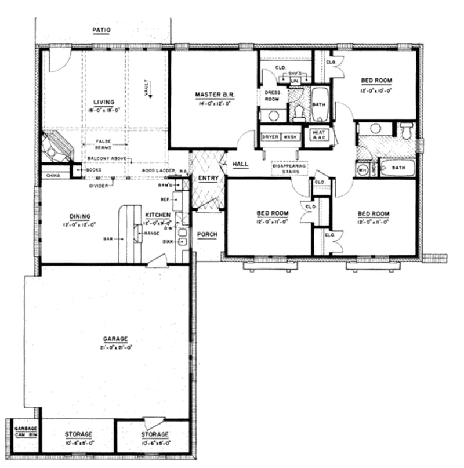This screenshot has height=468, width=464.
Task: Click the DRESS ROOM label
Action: [272, 96]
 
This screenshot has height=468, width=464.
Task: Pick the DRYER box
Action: [271, 137]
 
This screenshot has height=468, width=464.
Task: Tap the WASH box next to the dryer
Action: [290, 137]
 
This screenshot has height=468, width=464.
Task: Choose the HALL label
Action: [240, 164]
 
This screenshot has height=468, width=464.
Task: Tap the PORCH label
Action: [206, 234]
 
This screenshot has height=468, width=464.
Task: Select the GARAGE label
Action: [115, 339]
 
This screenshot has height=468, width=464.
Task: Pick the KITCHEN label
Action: [157, 215]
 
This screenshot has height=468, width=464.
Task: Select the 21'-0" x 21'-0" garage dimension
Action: [116, 347]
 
